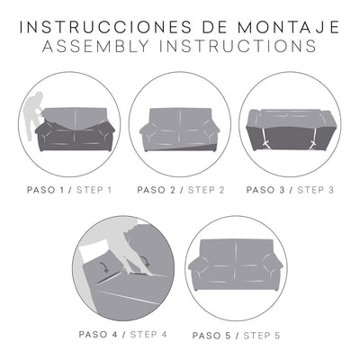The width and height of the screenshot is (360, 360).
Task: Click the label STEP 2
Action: pos(204,189)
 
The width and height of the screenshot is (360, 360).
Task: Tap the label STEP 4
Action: pos(150,335)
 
